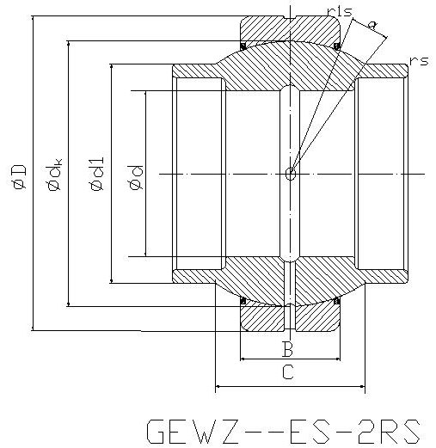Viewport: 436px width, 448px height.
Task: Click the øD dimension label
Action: pos(20,177)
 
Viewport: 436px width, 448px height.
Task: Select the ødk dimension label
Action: pos(54,175)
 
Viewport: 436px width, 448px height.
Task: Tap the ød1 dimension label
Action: pos(97,175)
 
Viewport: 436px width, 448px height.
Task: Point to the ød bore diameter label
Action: pos(136,177)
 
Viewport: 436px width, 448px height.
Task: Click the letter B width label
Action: pos(287,349)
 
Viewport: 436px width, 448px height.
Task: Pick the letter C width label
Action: pos(288,371)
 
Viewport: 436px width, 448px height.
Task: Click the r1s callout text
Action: pos(340,12)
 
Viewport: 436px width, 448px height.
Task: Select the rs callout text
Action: pos(419,61)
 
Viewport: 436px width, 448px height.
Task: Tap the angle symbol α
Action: pos(372,26)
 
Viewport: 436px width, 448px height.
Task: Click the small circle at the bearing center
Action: pos(291,174)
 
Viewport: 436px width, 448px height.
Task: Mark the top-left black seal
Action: pos(243,46)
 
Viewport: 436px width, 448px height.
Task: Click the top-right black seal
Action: pos(337,46)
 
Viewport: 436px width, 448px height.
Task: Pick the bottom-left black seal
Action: pos(243,301)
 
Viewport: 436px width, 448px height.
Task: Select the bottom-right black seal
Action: pos(337,301)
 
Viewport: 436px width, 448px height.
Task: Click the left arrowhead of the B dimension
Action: pos(243,359)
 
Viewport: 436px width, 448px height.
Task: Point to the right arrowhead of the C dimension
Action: pos(362,386)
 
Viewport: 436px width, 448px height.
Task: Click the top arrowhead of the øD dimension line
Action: pos(33,19)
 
